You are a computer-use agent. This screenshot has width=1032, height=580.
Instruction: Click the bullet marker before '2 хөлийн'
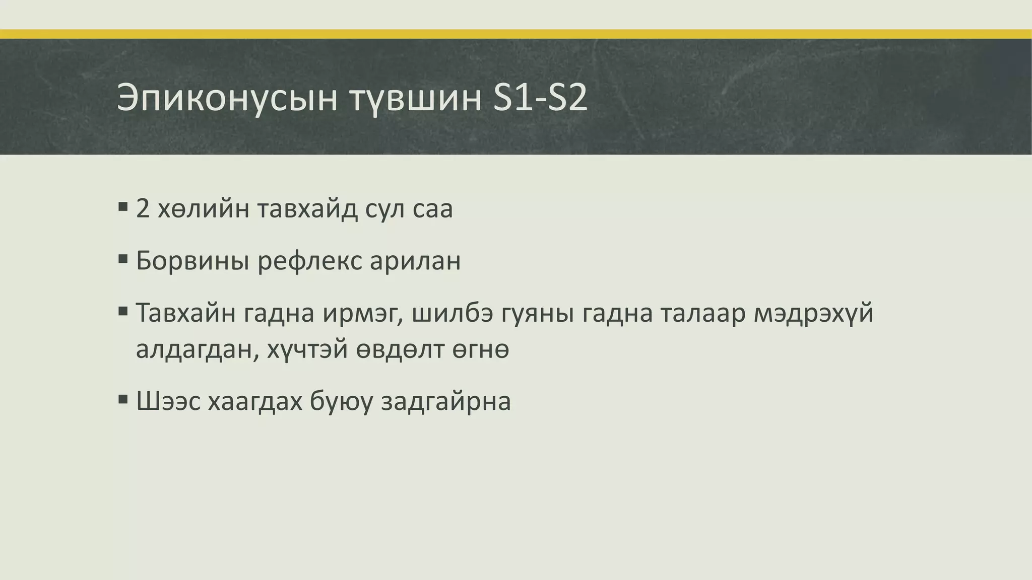(x=122, y=206)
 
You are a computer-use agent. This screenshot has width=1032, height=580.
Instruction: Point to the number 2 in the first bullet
(x=143, y=209)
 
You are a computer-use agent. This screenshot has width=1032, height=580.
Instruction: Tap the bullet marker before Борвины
(x=122, y=259)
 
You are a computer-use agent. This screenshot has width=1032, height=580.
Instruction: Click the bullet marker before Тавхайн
(x=122, y=311)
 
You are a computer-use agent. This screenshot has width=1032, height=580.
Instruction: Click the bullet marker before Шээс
(x=122, y=399)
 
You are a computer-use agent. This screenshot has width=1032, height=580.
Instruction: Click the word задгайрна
(x=446, y=402)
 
